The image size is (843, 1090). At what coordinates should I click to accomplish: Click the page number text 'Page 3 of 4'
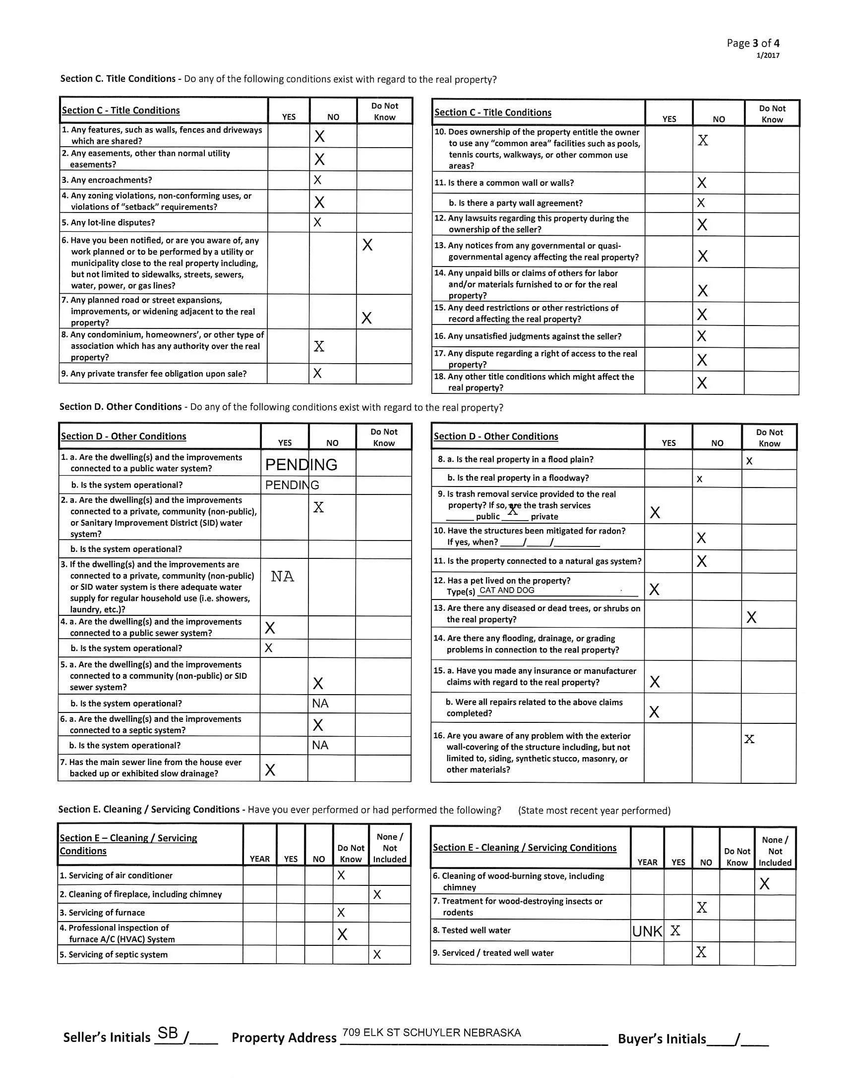(x=753, y=44)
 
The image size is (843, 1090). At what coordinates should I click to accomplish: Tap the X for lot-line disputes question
(x=317, y=222)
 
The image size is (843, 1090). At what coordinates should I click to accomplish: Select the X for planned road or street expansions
(x=366, y=318)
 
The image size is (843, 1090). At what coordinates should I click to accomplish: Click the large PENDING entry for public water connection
(x=301, y=465)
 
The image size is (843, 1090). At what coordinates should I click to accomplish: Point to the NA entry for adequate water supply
(x=282, y=577)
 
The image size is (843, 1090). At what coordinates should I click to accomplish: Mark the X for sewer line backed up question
(x=270, y=770)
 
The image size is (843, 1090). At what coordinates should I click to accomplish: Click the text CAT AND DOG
(x=506, y=591)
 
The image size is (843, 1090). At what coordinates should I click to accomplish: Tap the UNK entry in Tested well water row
(x=647, y=931)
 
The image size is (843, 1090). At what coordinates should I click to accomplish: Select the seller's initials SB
(x=168, y=1033)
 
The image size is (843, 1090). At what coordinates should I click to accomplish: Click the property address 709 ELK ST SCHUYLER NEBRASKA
(x=431, y=1033)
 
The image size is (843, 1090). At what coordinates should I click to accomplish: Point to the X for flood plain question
(x=749, y=462)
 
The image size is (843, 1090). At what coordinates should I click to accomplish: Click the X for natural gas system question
(x=702, y=561)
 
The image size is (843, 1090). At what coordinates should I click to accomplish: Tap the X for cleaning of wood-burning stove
(x=764, y=884)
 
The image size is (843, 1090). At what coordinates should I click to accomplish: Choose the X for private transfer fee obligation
(x=317, y=373)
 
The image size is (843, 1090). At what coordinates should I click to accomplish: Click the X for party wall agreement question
(x=701, y=203)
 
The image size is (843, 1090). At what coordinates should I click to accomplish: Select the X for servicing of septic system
(x=377, y=954)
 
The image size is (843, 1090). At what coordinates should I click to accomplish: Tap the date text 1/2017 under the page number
(x=768, y=55)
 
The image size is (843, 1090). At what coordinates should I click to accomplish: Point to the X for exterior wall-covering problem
(x=749, y=739)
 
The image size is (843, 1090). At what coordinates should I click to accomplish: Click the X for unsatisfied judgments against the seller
(x=702, y=336)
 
